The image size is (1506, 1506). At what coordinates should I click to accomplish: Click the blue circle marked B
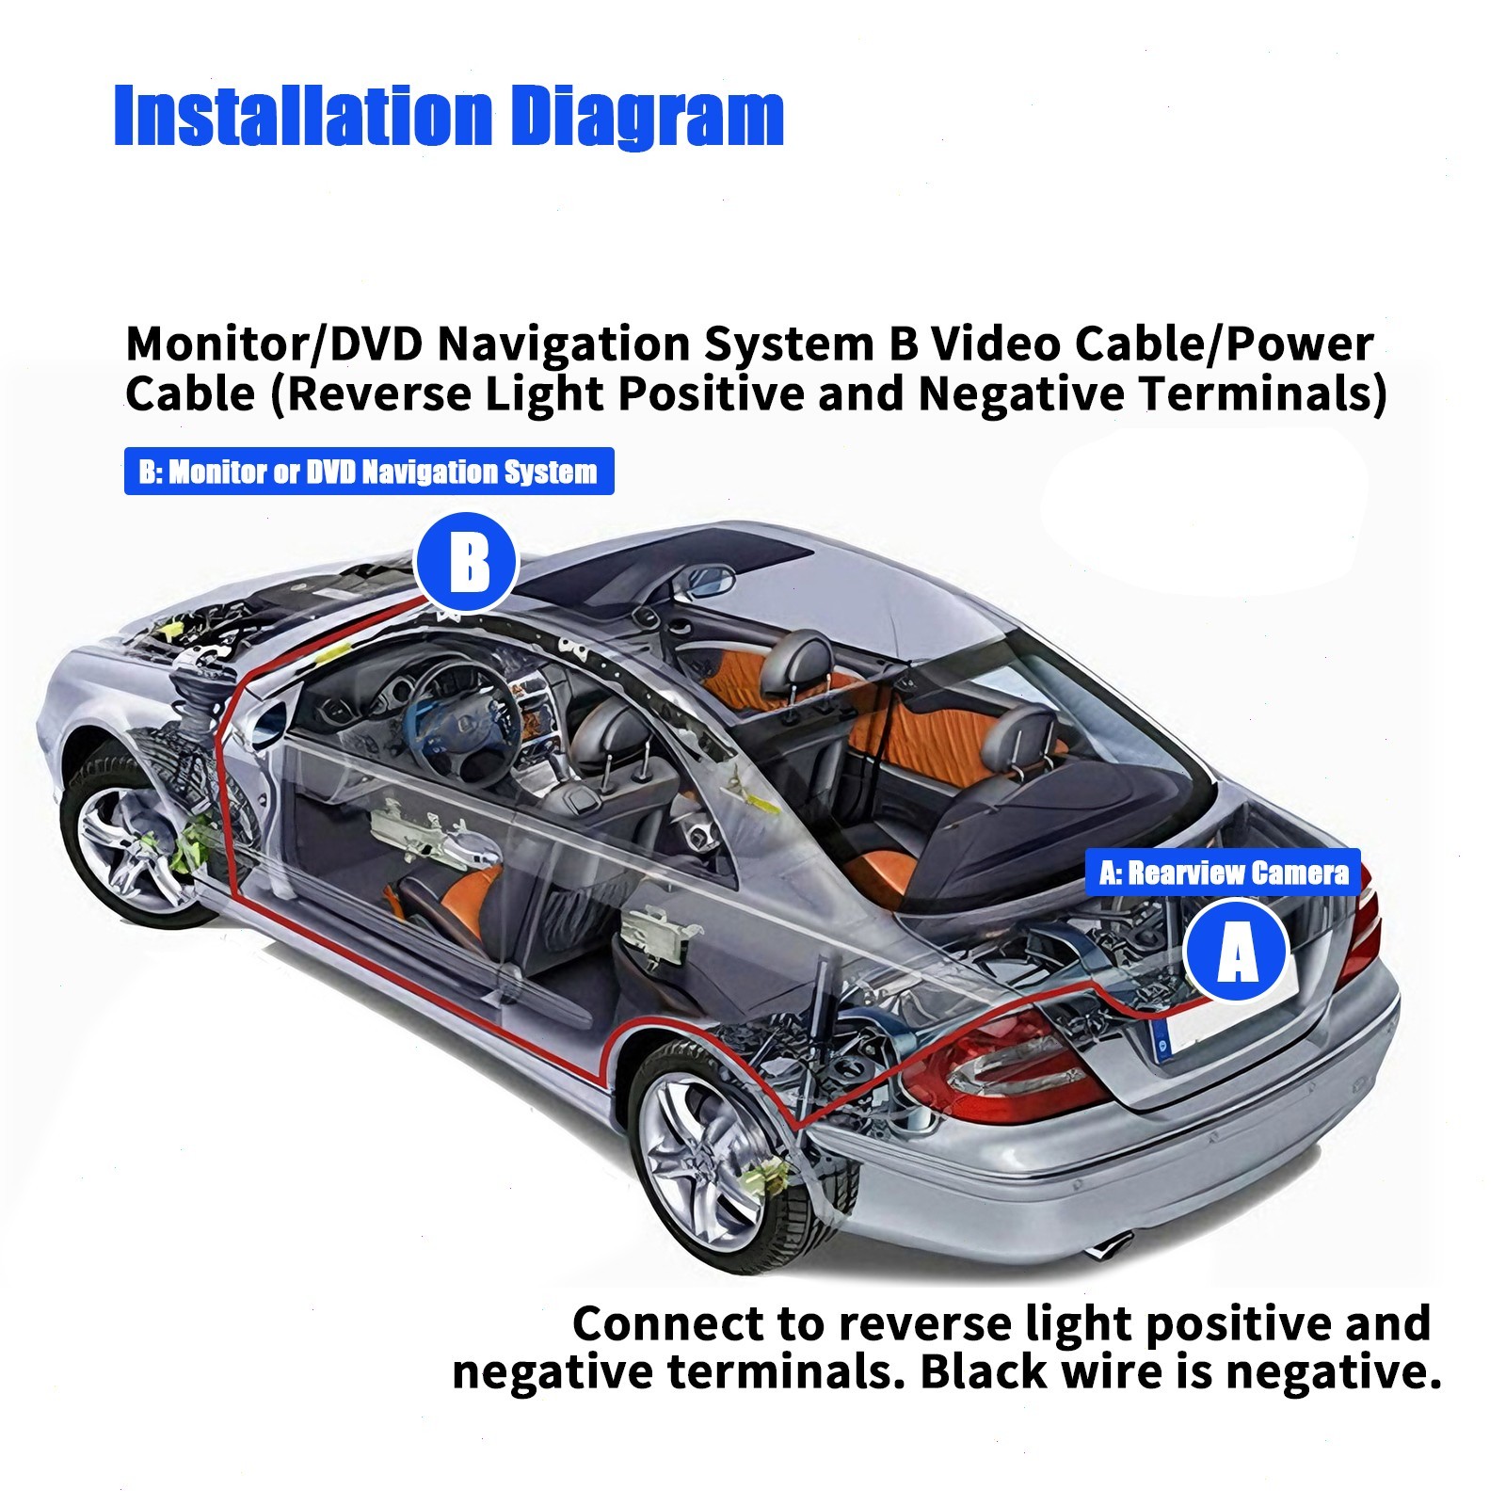(x=467, y=564)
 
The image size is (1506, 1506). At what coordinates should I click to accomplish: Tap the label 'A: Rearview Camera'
(x=1223, y=873)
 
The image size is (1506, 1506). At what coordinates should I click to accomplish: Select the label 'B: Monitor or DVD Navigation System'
(x=368, y=472)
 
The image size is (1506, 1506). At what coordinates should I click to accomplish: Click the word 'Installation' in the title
(x=302, y=117)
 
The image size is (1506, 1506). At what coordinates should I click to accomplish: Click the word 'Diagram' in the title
(x=650, y=119)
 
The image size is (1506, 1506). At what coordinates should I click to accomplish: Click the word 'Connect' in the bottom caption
(x=668, y=1323)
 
